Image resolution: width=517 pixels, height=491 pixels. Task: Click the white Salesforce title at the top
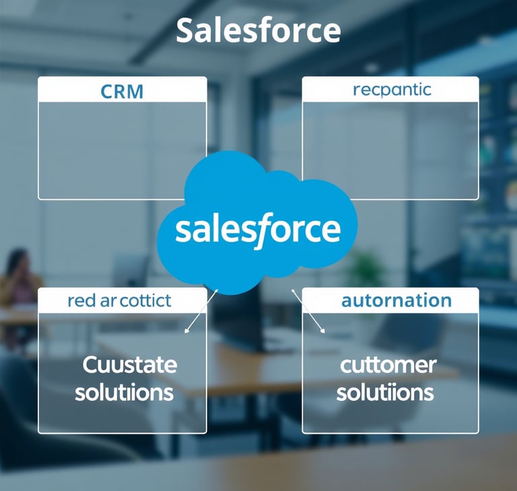[258, 31]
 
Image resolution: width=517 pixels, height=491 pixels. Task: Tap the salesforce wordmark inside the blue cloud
[258, 230]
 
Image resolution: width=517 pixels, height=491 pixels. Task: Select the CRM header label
[122, 91]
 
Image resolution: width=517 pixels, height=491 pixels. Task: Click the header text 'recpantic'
[392, 90]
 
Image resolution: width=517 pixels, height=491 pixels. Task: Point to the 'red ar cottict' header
[120, 300]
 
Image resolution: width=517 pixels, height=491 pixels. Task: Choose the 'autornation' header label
[396, 300]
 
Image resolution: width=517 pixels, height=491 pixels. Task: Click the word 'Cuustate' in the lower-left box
[129, 366]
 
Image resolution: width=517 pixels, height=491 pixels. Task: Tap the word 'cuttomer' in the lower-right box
[388, 366]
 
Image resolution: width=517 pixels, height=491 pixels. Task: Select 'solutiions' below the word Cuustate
[124, 392]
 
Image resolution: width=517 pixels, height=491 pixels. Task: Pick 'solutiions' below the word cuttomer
[385, 392]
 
